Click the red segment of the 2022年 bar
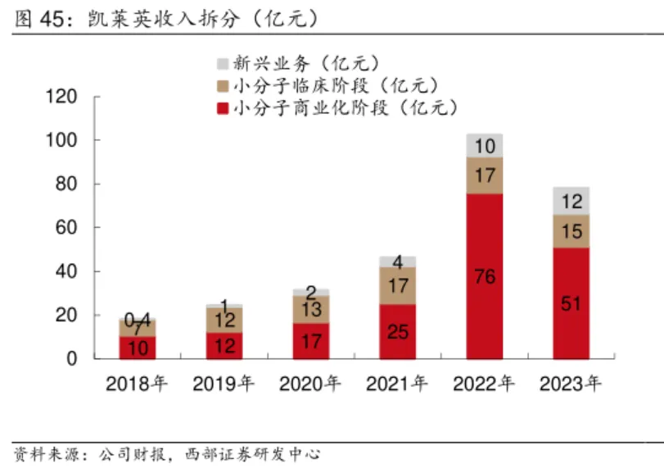pyautogui.click(x=485, y=246)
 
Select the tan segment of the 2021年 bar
pyautogui.click(x=398, y=286)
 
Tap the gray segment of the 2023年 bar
pyautogui.click(x=571, y=201)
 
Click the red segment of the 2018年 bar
pyautogui.click(x=138, y=348)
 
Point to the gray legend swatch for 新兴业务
pyautogui.click(x=222, y=62)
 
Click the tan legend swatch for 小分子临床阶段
pyautogui.click(x=222, y=85)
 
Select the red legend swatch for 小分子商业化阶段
pyautogui.click(x=222, y=107)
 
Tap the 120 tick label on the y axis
pyautogui.click(x=62, y=98)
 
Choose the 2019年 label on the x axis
pyautogui.click(x=224, y=383)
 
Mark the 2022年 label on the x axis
pyautogui.click(x=485, y=383)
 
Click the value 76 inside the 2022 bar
pyautogui.click(x=485, y=277)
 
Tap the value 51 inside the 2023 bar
pyautogui.click(x=571, y=304)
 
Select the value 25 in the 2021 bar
pyautogui.click(x=398, y=331)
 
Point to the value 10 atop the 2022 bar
pyautogui.click(x=485, y=147)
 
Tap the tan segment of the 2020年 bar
pyautogui.click(x=311, y=309)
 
